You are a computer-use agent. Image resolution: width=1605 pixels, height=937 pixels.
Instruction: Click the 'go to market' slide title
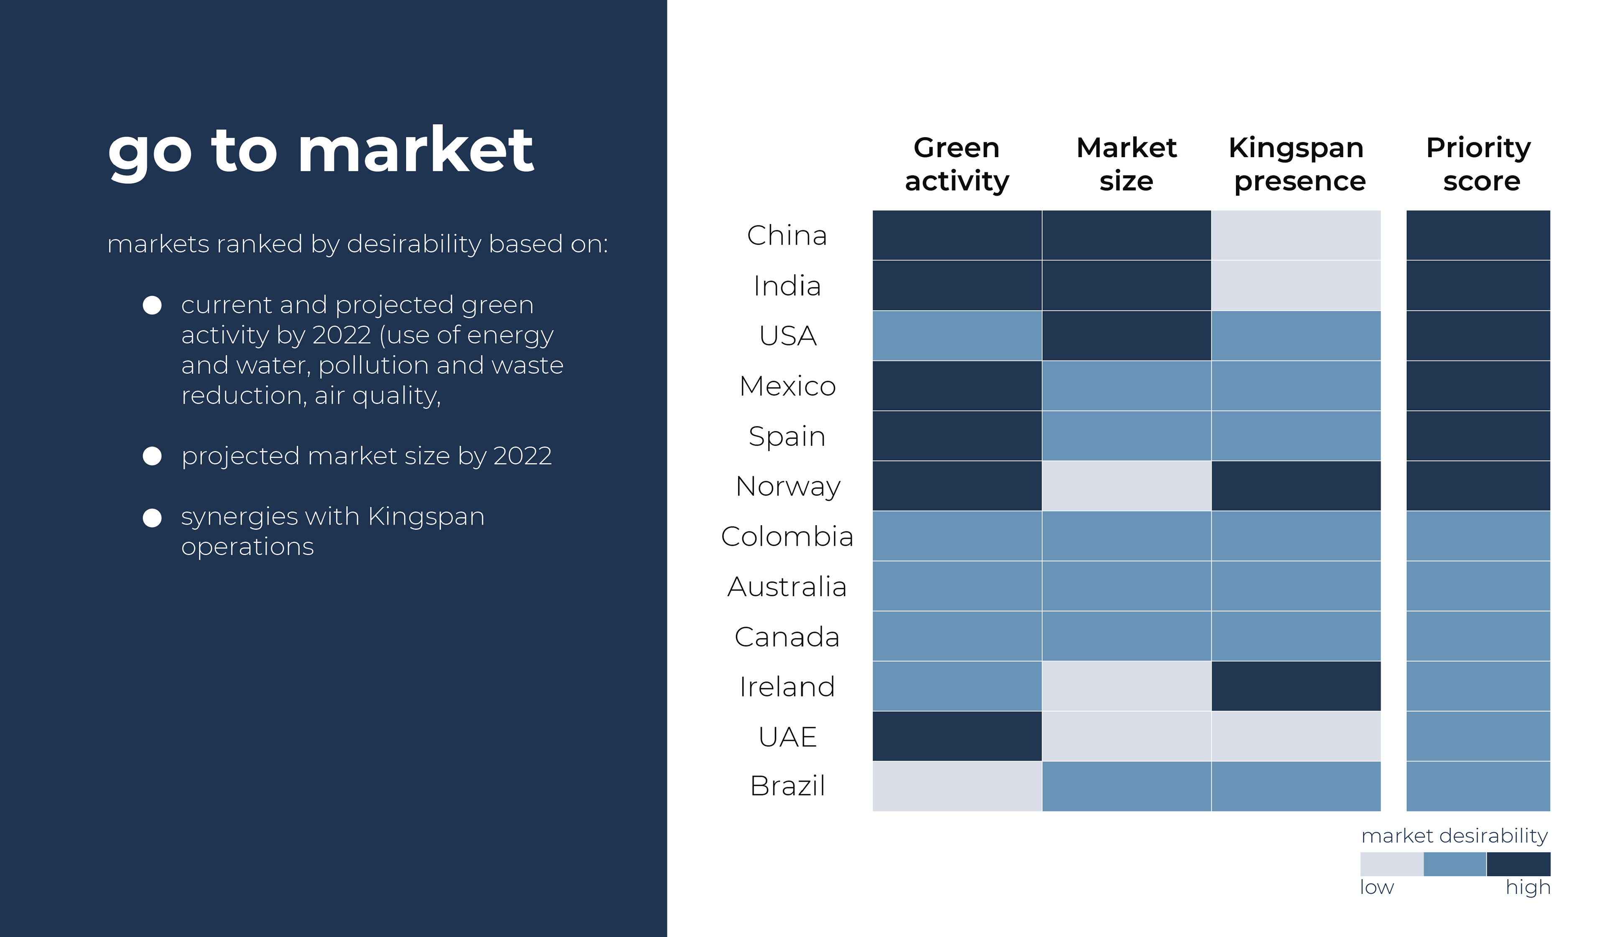click(x=320, y=152)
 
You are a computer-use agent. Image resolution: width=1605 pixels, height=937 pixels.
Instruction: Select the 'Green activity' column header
click(x=957, y=164)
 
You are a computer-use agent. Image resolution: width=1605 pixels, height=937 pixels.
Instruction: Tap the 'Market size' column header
click(x=1126, y=164)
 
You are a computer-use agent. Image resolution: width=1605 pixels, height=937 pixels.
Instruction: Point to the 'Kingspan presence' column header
click(x=1296, y=164)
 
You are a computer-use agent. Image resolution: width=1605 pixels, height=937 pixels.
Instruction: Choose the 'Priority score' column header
click(x=1478, y=164)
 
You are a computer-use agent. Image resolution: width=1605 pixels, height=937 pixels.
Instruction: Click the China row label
click(x=787, y=236)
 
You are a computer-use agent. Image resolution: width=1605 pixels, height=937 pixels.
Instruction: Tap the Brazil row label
click(x=787, y=786)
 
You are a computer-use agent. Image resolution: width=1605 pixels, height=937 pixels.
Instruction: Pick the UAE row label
click(x=787, y=737)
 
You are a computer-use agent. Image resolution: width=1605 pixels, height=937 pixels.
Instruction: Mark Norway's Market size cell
click(x=1126, y=486)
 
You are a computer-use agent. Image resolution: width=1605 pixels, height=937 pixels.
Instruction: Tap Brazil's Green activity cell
click(x=957, y=786)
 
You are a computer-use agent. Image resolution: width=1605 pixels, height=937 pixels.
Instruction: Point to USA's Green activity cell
click(x=957, y=336)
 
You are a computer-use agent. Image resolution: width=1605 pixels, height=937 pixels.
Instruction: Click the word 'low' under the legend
click(x=1376, y=887)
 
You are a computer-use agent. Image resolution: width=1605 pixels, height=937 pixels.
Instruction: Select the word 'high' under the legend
click(x=1527, y=887)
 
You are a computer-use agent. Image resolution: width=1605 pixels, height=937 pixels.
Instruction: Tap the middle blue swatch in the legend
click(x=1455, y=864)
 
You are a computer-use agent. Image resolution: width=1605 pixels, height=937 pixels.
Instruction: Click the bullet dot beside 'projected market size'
click(x=152, y=456)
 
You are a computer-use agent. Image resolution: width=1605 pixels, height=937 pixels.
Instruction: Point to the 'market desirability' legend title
click(x=1454, y=836)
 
